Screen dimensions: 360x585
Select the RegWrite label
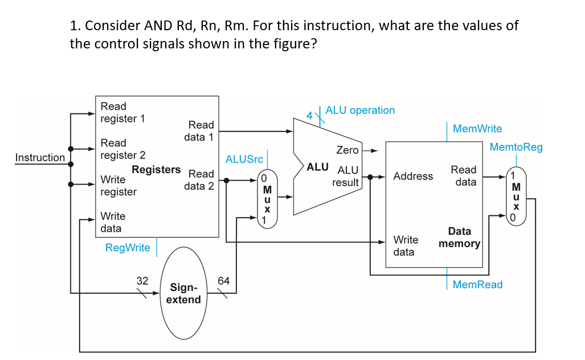(x=128, y=248)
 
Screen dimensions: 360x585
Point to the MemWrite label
(x=477, y=129)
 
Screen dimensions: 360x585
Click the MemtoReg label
(x=516, y=148)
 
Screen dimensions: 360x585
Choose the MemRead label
(x=477, y=285)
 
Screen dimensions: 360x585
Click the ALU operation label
(x=360, y=111)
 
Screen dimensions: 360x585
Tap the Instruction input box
(x=40, y=158)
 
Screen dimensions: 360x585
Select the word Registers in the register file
(x=156, y=170)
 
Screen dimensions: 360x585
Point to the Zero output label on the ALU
(x=347, y=150)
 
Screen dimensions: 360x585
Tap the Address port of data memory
(x=413, y=177)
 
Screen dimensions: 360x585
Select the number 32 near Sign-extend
(x=142, y=280)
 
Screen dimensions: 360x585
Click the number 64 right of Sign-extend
(x=224, y=280)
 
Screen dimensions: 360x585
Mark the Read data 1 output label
(x=199, y=131)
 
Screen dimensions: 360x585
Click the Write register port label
(x=118, y=186)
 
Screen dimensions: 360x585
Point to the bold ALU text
(x=317, y=167)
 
